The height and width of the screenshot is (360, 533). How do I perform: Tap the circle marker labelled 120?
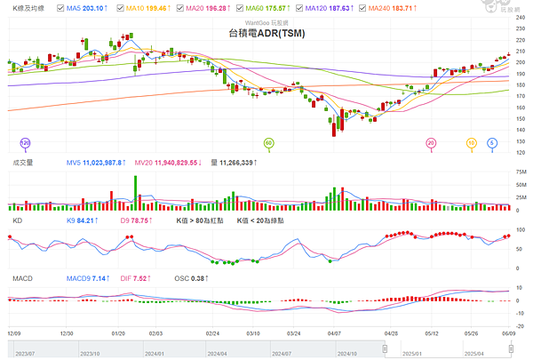point(25,142)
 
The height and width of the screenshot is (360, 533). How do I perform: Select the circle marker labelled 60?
point(269,142)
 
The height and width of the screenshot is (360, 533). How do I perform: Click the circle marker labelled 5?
point(492,142)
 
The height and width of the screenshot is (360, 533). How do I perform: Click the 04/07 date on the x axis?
point(335,333)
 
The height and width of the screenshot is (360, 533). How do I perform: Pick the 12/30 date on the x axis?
point(66,333)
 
